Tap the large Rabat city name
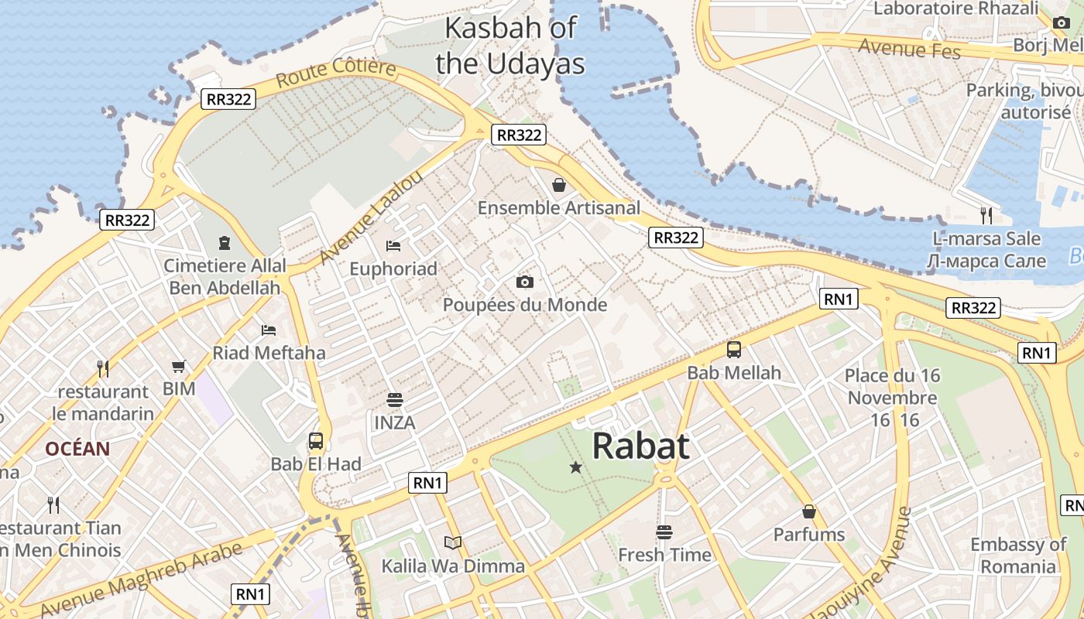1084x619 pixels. coord(640,446)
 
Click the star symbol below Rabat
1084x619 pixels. coord(575,467)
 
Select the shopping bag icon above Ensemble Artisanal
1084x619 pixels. coord(558,185)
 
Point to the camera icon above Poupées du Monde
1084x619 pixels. coord(524,282)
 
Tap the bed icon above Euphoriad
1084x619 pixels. coord(393,246)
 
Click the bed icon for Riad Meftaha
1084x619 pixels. coord(269,330)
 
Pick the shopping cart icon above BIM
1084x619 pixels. coord(179,366)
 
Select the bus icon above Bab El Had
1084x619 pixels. coord(316,441)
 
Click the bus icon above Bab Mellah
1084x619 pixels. coord(734,350)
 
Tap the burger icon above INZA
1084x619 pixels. coord(395,400)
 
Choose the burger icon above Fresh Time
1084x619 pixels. coord(664,532)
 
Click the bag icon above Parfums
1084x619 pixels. coord(809,511)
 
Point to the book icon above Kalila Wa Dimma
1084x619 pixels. coord(453,543)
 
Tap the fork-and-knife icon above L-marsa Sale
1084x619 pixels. coord(986,215)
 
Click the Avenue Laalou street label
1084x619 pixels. coord(371,217)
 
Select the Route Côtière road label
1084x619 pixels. coord(335,73)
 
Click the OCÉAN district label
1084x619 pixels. coord(77,449)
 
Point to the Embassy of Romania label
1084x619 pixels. coord(1018,556)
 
